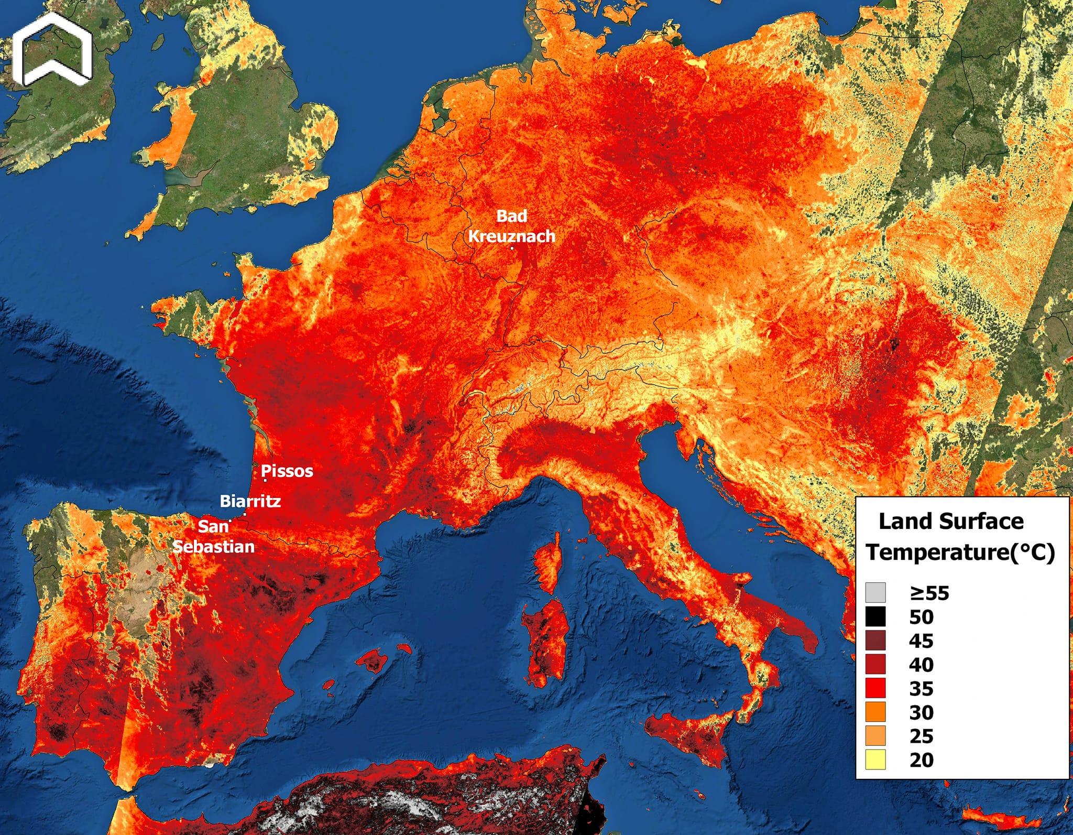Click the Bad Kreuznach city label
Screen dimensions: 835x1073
[x=511, y=226]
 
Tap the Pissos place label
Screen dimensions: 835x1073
[x=287, y=471]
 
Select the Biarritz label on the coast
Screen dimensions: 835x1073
[x=250, y=501]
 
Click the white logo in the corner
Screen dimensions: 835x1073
[x=52, y=52]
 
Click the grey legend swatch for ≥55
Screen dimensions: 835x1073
[x=876, y=593]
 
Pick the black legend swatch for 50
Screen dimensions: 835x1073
[x=876, y=617]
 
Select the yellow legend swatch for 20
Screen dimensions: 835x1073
[x=876, y=760]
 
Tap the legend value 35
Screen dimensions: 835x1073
[x=922, y=688]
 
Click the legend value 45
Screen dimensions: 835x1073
[x=922, y=641]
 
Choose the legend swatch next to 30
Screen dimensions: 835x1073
[x=876, y=712]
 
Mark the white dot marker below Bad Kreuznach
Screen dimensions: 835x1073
[x=511, y=248]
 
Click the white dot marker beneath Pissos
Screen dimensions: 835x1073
[x=265, y=481]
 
